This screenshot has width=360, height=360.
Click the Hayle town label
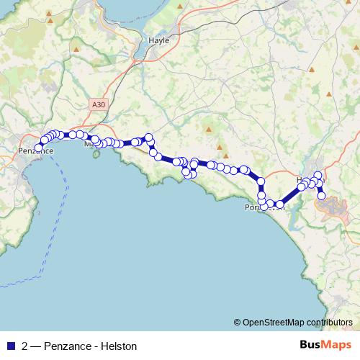click(158, 40)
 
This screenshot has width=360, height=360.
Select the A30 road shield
click(99, 104)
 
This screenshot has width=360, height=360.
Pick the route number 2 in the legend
click(25, 346)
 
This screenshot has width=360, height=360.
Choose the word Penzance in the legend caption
click(68, 346)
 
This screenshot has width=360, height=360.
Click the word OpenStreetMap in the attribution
click(272, 322)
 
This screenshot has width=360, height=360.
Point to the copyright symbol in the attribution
click(238, 322)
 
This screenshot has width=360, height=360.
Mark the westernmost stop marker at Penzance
click(39, 148)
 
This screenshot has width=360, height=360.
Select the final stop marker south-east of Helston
click(322, 196)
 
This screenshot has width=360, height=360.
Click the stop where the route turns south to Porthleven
click(261, 181)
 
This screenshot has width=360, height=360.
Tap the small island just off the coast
click(94, 154)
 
